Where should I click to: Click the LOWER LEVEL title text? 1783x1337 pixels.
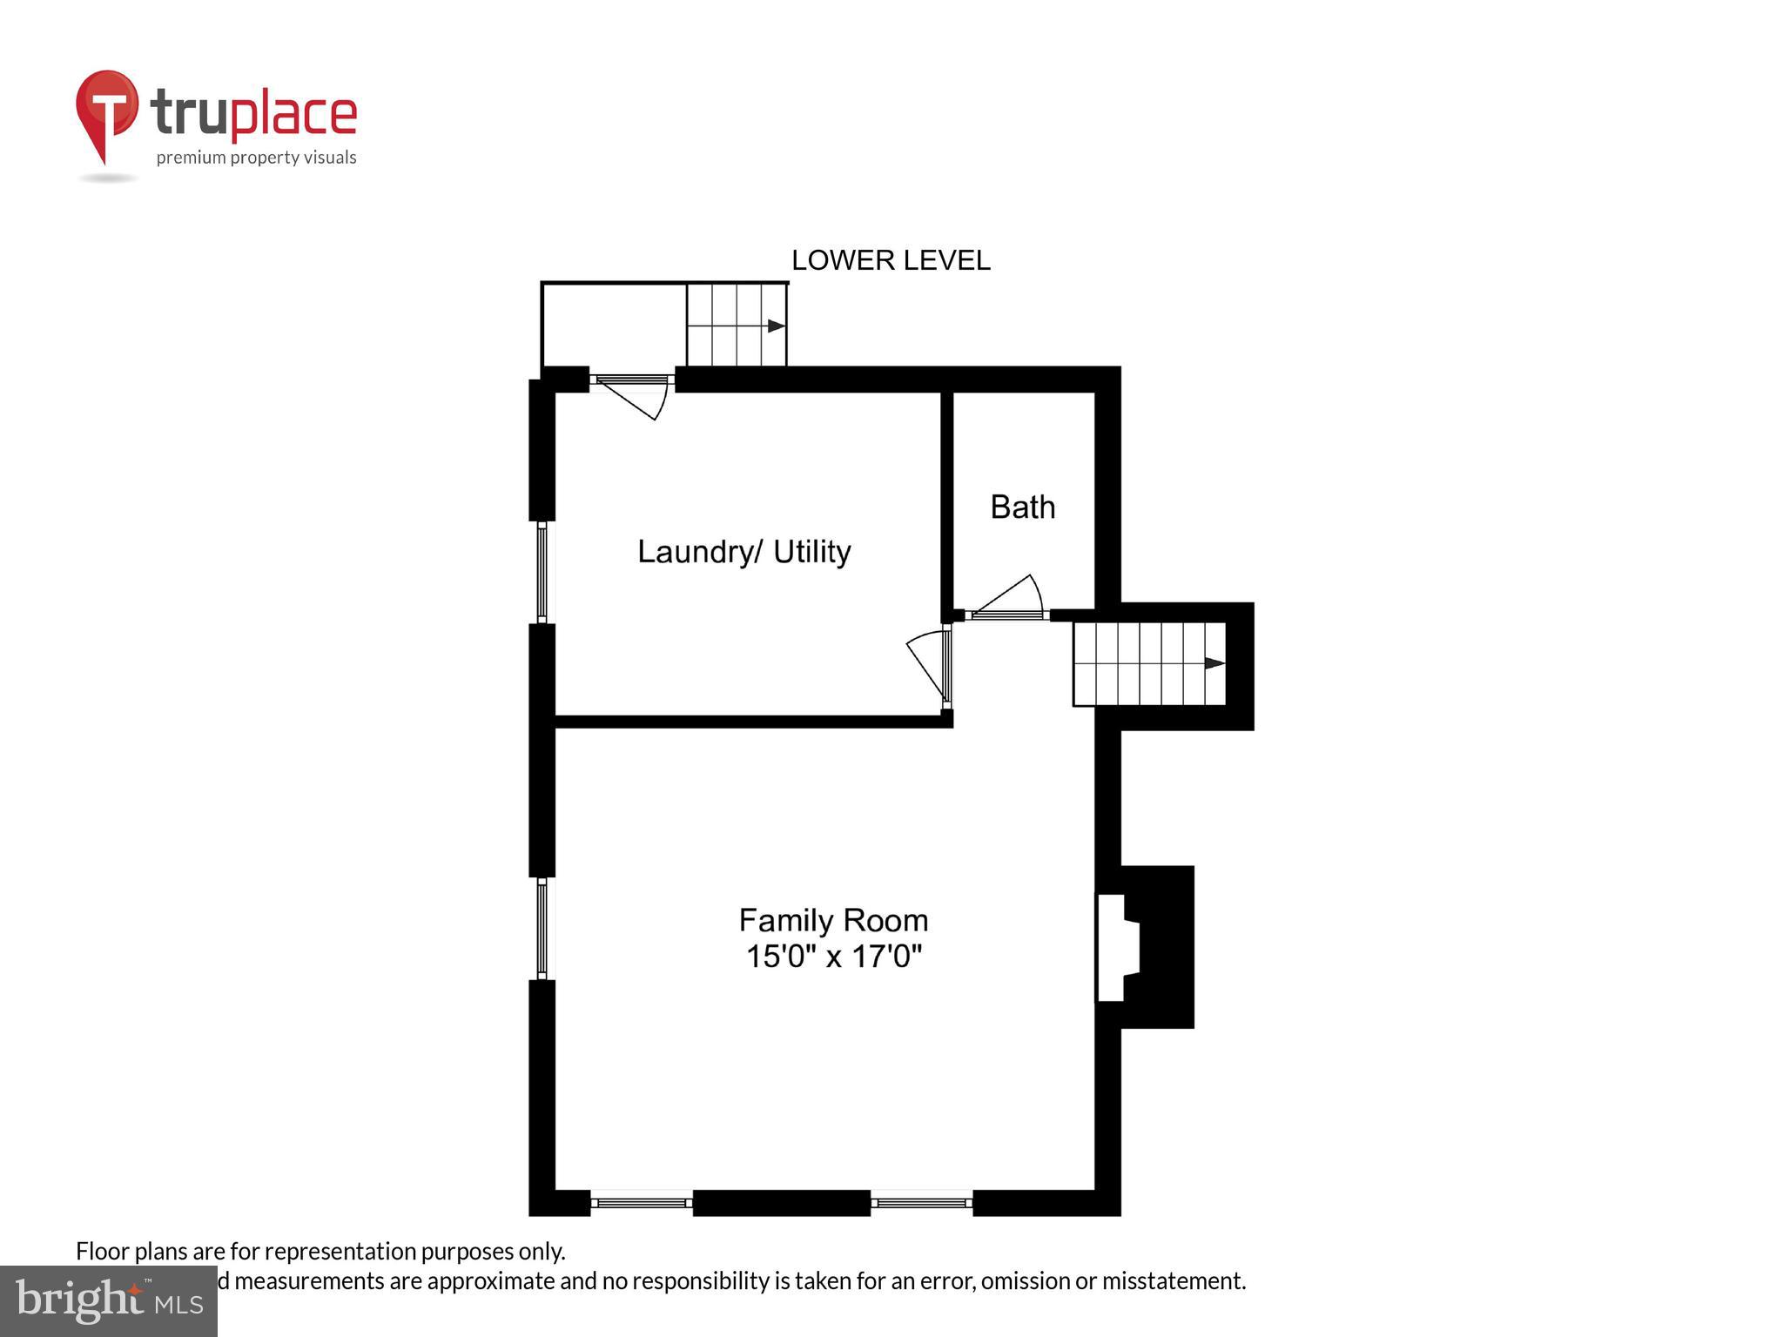coord(890,260)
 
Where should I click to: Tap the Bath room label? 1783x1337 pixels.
coord(1022,507)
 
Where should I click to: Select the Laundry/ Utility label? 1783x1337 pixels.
coord(743,551)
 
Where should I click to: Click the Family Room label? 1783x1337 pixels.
coord(833,920)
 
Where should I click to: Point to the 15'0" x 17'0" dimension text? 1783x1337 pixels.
coord(833,957)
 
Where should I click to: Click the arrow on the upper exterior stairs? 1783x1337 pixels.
coord(776,326)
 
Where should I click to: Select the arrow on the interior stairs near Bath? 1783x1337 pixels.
coord(1214,663)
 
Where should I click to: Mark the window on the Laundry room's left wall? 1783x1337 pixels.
coord(542,572)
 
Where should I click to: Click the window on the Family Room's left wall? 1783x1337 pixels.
coord(542,928)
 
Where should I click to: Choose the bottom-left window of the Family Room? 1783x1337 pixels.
coord(642,1203)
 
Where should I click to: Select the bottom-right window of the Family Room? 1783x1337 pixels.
coord(921,1203)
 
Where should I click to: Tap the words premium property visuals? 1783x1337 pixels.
coord(256,158)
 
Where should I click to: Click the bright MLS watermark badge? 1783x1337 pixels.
coord(108,1301)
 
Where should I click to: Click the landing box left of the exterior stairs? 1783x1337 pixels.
coord(614,325)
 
